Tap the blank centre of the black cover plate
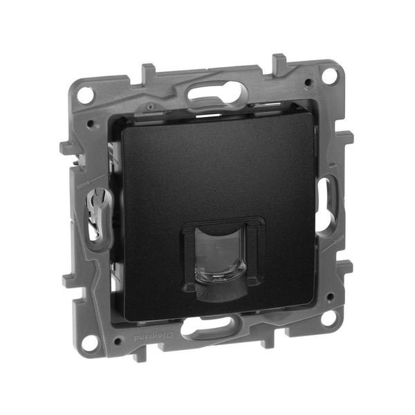(x=207, y=173)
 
